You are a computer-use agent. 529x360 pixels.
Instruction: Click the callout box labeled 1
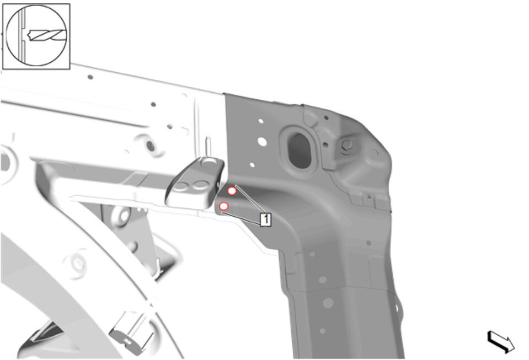point(265,219)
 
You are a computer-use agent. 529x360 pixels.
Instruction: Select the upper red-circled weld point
point(232,191)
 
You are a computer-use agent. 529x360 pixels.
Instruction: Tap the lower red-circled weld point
point(223,206)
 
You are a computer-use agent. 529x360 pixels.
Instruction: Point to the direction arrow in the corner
point(501,341)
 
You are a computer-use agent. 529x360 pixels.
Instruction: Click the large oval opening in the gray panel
point(300,151)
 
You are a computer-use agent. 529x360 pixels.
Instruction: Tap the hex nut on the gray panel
point(346,145)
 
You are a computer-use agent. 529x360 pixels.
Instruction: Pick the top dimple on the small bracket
point(209,164)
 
